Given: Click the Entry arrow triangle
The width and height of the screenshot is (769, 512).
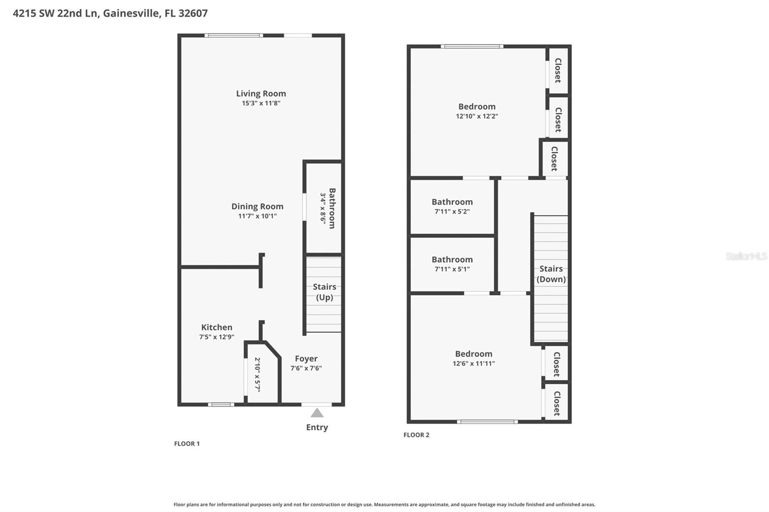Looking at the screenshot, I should [x=317, y=413].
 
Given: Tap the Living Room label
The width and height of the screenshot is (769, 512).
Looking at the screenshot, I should [x=261, y=94].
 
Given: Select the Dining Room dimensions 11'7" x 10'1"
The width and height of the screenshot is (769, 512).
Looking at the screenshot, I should [x=257, y=216].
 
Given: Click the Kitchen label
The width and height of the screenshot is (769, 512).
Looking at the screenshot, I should [x=217, y=327].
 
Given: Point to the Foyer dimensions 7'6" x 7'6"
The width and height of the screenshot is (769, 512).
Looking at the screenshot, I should [x=306, y=368].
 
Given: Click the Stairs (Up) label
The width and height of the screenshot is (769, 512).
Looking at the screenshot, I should [x=324, y=292].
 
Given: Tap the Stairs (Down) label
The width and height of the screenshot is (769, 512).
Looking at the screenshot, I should [x=551, y=274].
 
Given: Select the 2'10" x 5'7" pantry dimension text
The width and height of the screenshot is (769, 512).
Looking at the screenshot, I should [x=257, y=374].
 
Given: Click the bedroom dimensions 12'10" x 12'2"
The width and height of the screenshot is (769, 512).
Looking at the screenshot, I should [x=477, y=116].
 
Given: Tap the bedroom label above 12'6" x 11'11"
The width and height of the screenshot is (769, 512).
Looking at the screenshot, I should [x=473, y=354].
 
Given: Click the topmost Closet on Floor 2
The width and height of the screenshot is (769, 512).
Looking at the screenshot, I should [x=558, y=70].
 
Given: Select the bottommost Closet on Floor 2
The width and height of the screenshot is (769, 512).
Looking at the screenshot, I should [x=557, y=403].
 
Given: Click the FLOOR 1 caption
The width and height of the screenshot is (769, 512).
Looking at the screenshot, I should [x=187, y=444].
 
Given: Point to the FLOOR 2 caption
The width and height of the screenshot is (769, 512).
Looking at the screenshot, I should [x=416, y=435].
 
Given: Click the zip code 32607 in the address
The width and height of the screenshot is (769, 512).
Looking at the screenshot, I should [x=193, y=13].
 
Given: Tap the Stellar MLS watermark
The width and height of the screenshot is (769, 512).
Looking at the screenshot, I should [x=746, y=256].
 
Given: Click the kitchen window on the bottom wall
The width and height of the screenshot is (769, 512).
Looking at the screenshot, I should [x=221, y=404].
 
